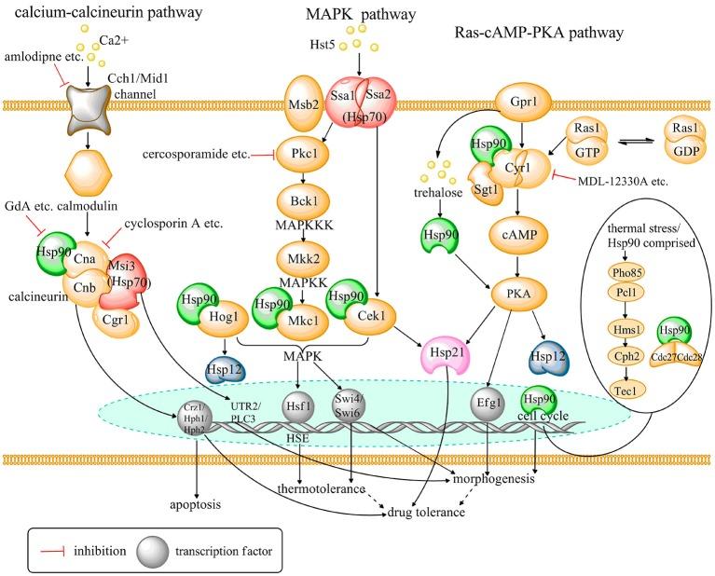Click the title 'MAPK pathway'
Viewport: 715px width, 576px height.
[347, 17]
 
